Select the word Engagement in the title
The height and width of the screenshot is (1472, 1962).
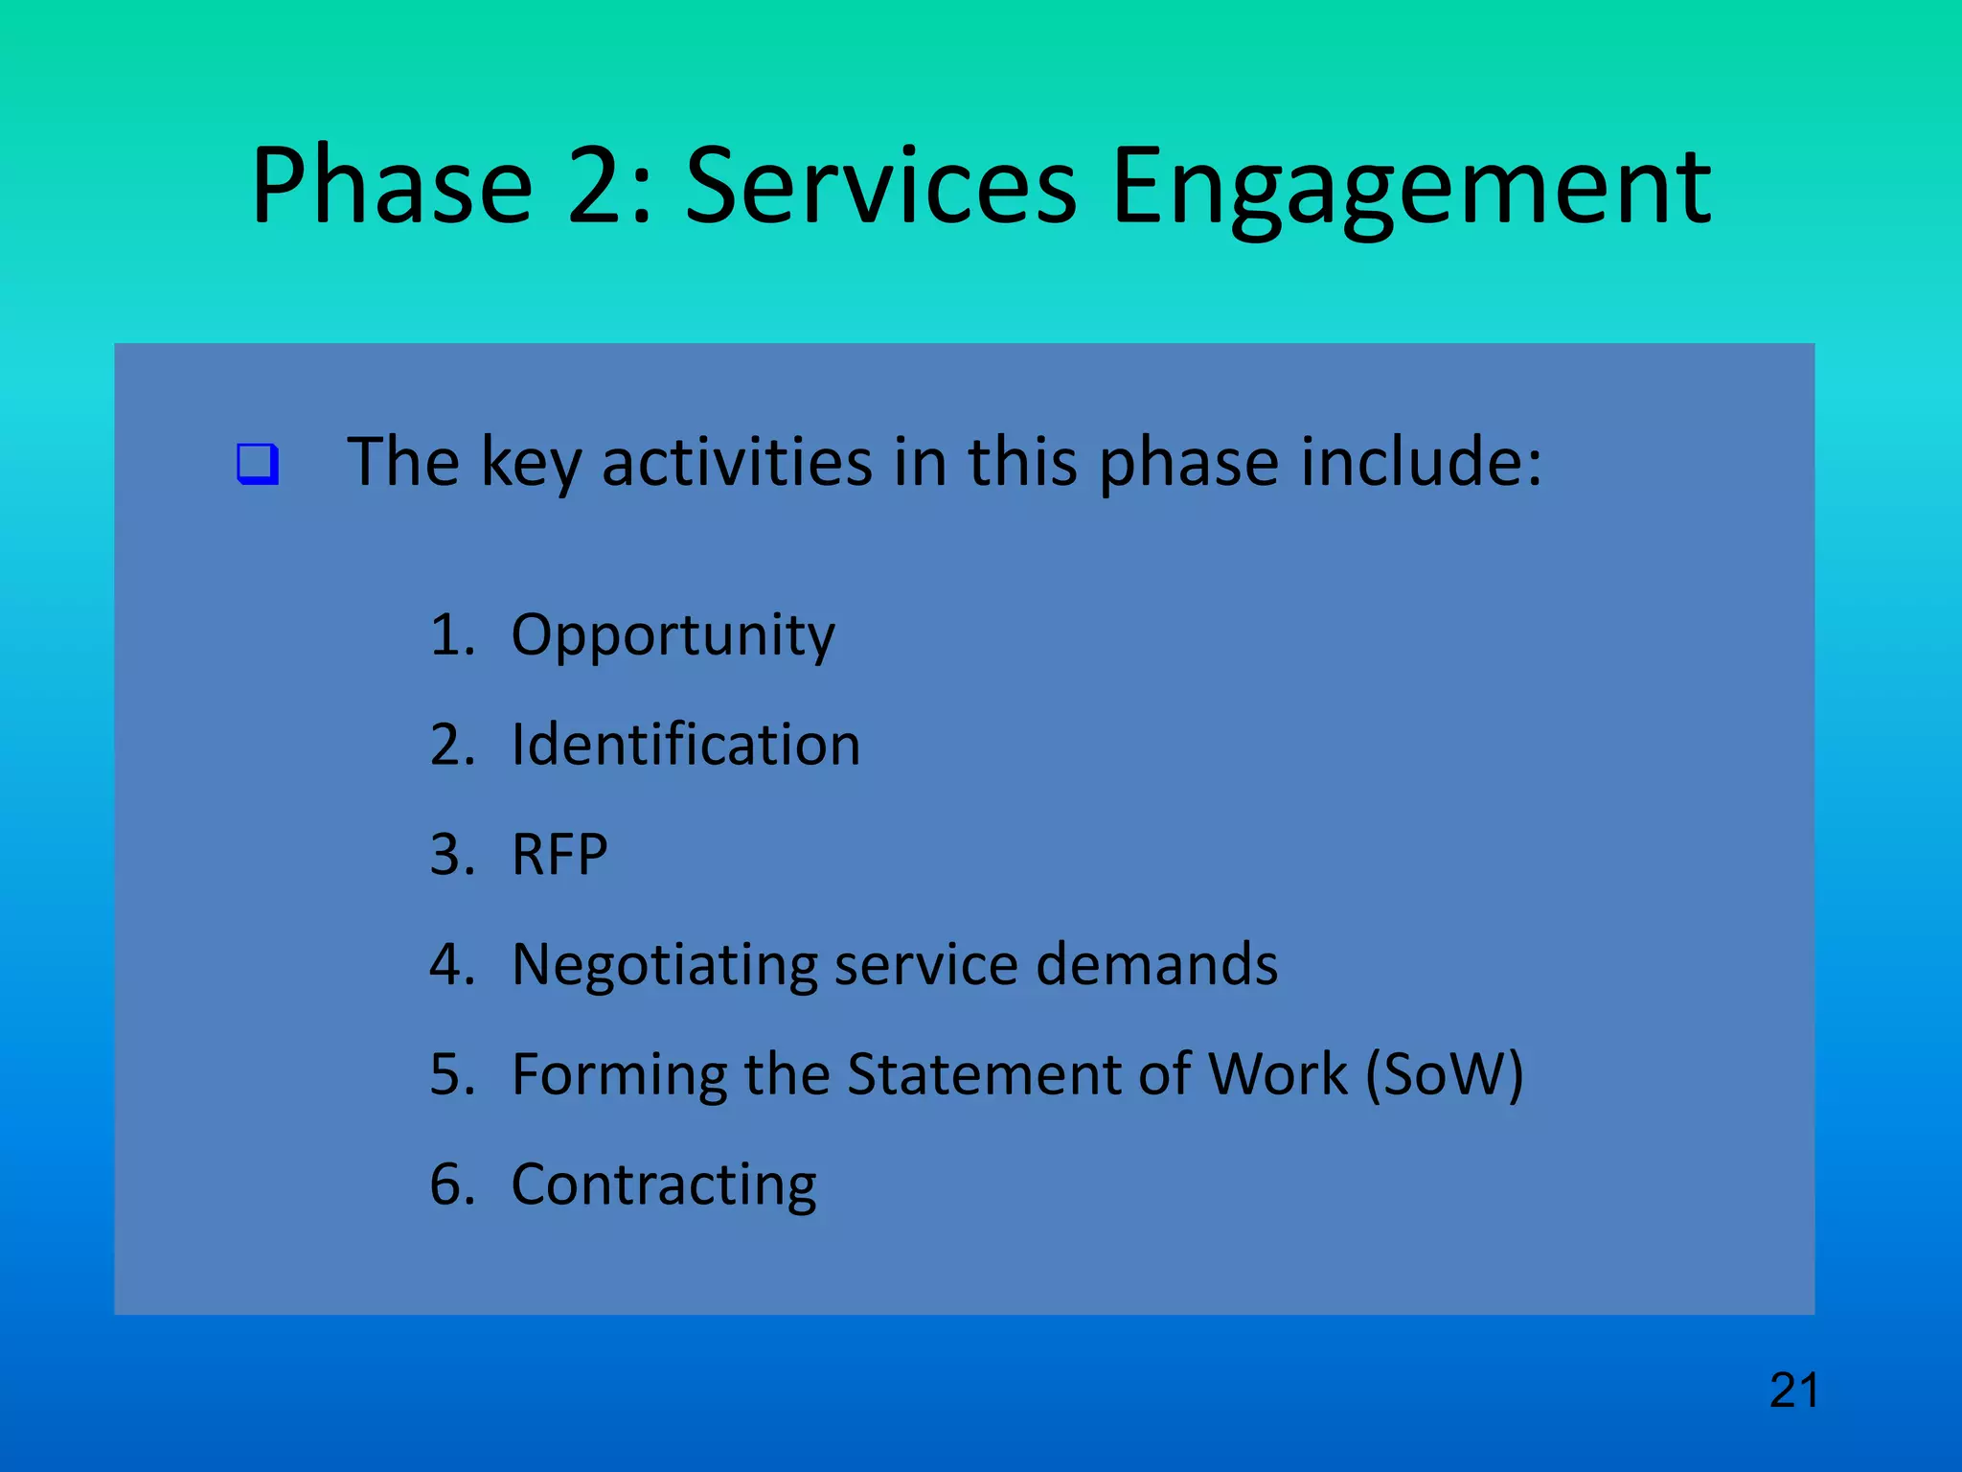pyautogui.click(x=1410, y=187)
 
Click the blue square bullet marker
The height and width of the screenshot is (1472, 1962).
pyautogui.click(x=258, y=464)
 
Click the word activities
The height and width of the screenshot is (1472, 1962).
pyautogui.click(x=737, y=462)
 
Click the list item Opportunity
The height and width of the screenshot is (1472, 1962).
pyautogui.click(x=673, y=636)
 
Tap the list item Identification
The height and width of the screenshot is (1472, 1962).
pyautogui.click(x=685, y=745)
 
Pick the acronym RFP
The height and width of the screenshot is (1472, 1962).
pyautogui.click(x=559, y=854)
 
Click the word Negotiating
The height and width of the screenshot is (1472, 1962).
pyautogui.click(x=664, y=966)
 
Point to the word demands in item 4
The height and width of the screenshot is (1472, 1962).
pyautogui.click(x=1156, y=964)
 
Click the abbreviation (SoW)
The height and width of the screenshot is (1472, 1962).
pyautogui.click(x=1444, y=1075)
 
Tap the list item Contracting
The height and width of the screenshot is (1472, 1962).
pyautogui.click(x=663, y=1185)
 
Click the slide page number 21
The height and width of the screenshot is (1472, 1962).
pyautogui.click(x=1793, y=1391)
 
